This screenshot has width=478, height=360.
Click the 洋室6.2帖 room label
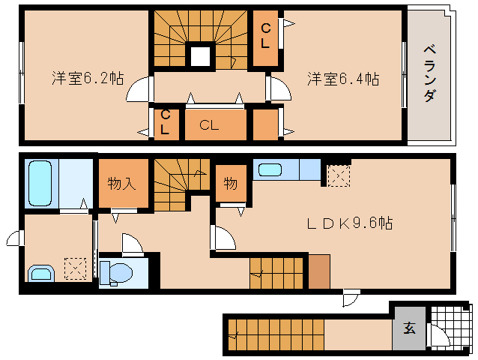coord(87,78)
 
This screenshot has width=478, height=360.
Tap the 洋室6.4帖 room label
coord(342,78)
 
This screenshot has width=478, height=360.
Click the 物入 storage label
coord(121,184)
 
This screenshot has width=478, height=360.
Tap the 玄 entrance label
coord(409,328)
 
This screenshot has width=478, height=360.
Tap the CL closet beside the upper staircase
coord(265,34)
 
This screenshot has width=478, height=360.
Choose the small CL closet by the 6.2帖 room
coord(165,123)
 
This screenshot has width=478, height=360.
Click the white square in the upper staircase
coord(200,56)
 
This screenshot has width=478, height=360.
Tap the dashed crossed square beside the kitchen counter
coord(339,175)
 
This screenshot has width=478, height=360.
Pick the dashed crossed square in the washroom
coord(75,268)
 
